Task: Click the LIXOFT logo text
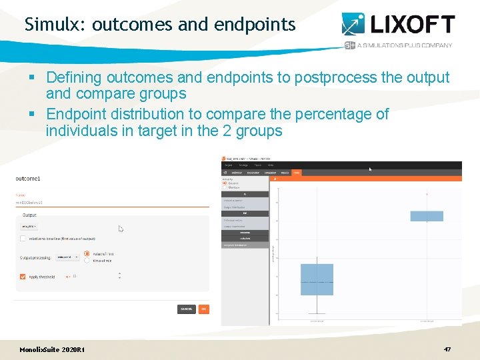click(411, 25)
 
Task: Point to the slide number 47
click(447, 349)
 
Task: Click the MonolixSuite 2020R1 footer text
click(52, 350)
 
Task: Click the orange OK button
click(203, 309)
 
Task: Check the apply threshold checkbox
click(23, 276)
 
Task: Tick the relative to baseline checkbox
click(23, 238)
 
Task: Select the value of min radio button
click(87, 253)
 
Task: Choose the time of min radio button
click(87, 261)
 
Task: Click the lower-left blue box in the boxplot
click(317, 279)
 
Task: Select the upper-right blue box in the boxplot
click(427, 216)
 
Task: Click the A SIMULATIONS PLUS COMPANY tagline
click(404, 45)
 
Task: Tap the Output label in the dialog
click(30, 215)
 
